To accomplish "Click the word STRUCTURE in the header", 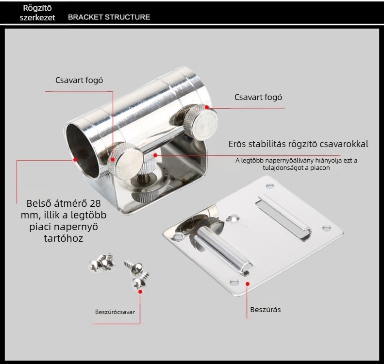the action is click(127, 17).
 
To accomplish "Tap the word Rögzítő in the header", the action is click(37, 8).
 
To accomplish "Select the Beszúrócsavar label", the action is click(115, 312).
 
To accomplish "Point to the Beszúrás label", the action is click(266, 310).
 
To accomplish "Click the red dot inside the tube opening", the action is click(75, 159).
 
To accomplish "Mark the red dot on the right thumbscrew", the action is click(207, 107).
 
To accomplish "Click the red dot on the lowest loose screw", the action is click(140, 292).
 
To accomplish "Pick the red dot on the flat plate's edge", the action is click(248, 284).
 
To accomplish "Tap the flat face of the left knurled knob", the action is click(130, 164).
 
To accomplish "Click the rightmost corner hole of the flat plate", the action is click(326, 229).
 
